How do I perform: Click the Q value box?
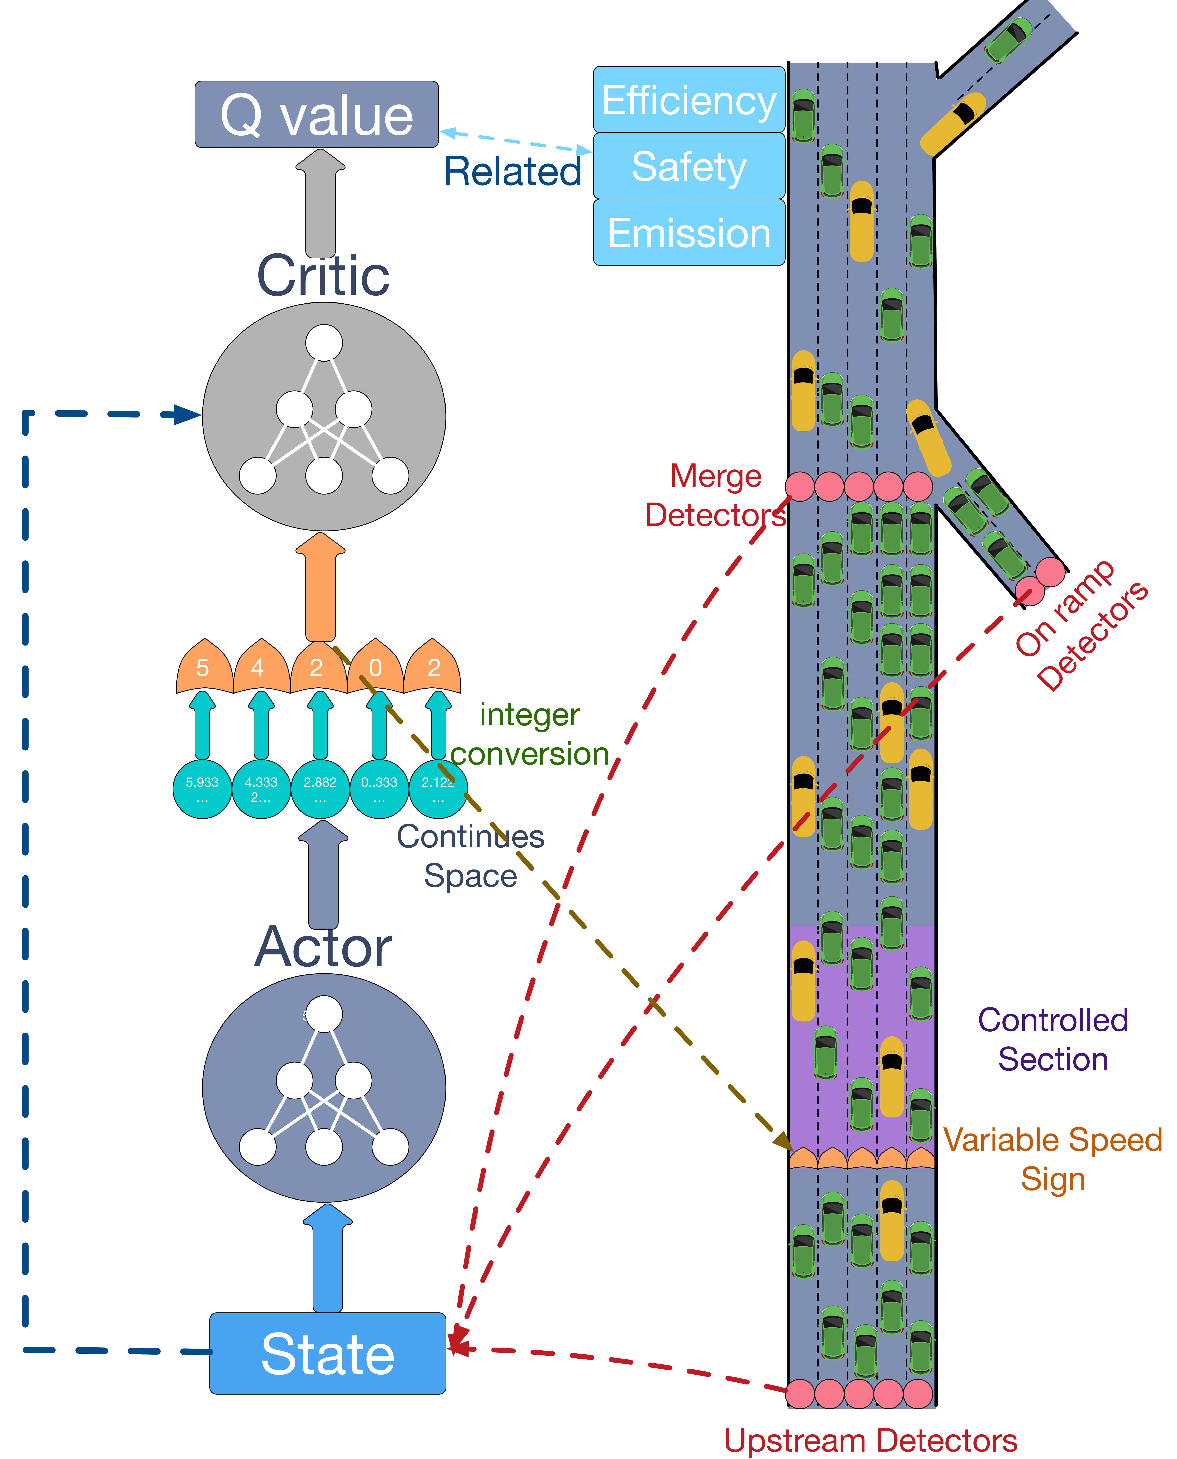click(x=317, y=114)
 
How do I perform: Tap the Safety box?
click(x=689, y=166)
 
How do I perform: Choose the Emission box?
click(x=689, y=233)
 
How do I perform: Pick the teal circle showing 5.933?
click(x=202, y=789)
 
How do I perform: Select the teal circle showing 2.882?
click(x=320, y=789)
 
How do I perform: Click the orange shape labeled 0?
click(x=376, y=668)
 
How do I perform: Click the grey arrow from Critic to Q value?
click(x=320, y=203)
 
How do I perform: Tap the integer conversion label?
click(x=529, y=734)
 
